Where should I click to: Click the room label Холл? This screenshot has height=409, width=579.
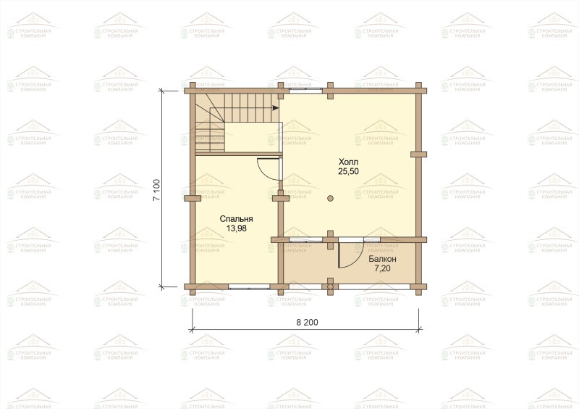[349, 162]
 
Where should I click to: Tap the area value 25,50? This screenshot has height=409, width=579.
[349, 171]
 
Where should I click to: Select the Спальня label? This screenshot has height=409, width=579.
[237, 219]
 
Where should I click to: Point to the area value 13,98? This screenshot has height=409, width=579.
[237, 228]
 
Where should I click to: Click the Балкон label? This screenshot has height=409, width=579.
[383, 259]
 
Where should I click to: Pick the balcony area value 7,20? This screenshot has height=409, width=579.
[383, 268]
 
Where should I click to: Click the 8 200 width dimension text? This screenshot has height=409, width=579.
[307, 323]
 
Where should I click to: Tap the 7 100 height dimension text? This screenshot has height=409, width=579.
[157, 190]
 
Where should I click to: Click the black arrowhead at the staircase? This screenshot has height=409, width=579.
[276, 108]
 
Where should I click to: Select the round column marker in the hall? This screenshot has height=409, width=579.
[330, 198]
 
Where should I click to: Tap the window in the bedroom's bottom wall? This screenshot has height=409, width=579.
[249, 286]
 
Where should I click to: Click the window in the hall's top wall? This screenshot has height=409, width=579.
[305, 90]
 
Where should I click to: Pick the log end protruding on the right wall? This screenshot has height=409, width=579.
[419, 154]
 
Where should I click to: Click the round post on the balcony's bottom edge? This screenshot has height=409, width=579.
[330, 286]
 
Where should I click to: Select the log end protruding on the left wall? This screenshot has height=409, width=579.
[193, 199]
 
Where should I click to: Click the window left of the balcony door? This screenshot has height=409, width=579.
[305, 240]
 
